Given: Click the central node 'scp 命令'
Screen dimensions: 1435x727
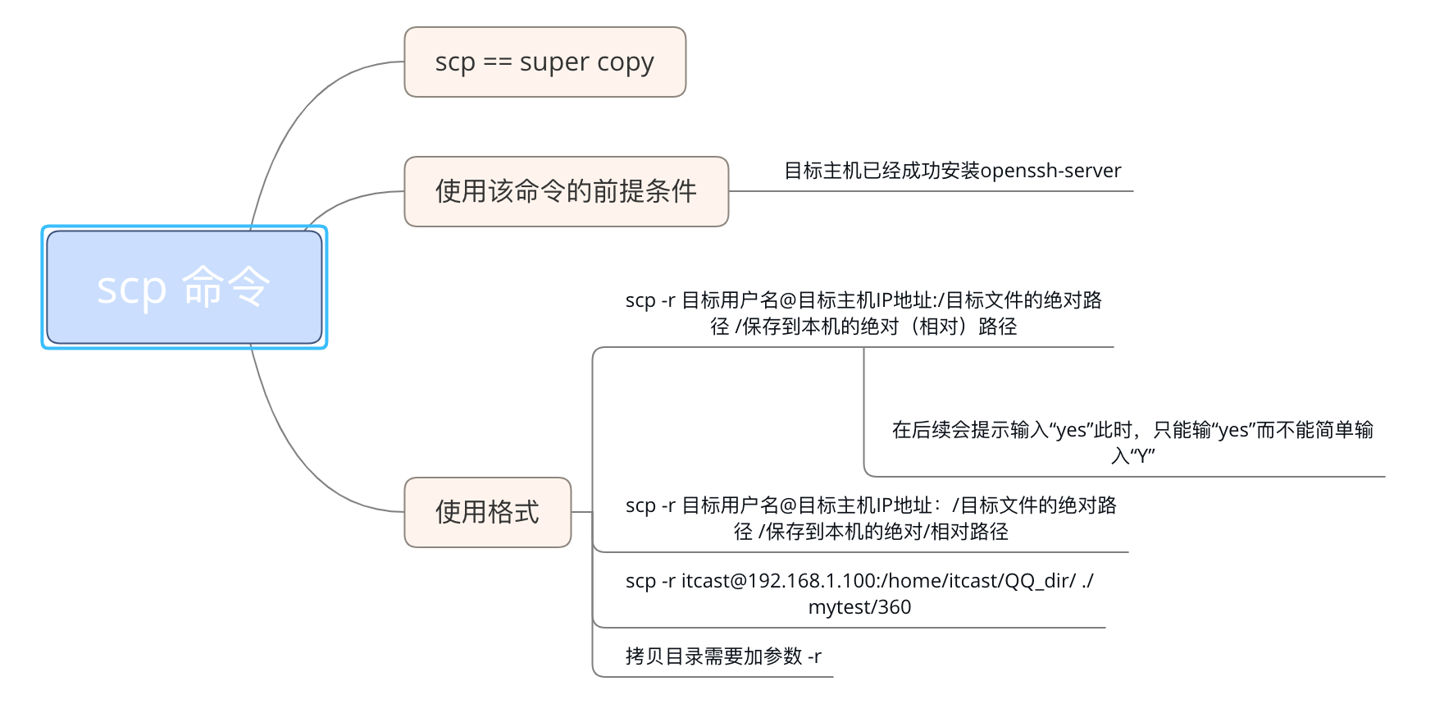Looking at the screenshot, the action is point(184,287).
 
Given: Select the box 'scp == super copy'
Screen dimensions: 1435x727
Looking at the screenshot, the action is point(544,62).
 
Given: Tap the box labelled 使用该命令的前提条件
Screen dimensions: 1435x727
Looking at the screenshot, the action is point(566,191).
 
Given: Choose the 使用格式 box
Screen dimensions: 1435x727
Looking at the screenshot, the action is point(487,512).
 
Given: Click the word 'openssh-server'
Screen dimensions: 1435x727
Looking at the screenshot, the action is point(1050,171).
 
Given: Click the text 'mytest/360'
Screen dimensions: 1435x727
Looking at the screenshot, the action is point(859,607).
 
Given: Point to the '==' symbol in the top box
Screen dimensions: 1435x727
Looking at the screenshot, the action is point(497,62).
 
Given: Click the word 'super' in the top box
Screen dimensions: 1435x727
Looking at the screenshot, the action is point(554,62).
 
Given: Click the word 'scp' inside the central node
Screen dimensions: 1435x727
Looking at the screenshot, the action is point(131,289).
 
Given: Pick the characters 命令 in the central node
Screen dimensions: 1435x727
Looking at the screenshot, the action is point(225,287).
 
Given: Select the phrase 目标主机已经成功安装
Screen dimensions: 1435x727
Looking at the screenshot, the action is point(881,171).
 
